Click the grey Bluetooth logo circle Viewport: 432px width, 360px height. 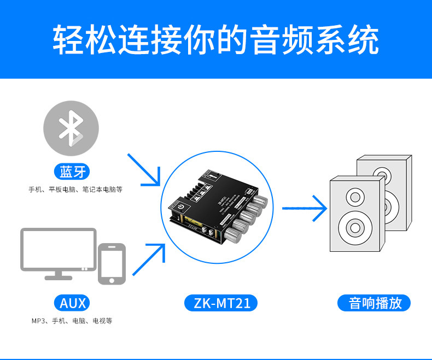tap(71, 128)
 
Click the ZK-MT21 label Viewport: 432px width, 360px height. tap(222, 303)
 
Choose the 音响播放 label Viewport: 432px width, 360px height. tap(375, 303)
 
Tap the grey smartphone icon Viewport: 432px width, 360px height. tap(112, 264)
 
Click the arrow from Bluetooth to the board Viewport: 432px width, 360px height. tap(144, 169)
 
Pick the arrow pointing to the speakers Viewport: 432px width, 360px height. tap(304, 208)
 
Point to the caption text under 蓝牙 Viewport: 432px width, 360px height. tap(75, 190)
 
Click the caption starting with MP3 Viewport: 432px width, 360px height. tap(72, 321)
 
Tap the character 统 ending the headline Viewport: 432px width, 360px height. tap(362, 39)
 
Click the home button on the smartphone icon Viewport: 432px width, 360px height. tap(112, 280)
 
